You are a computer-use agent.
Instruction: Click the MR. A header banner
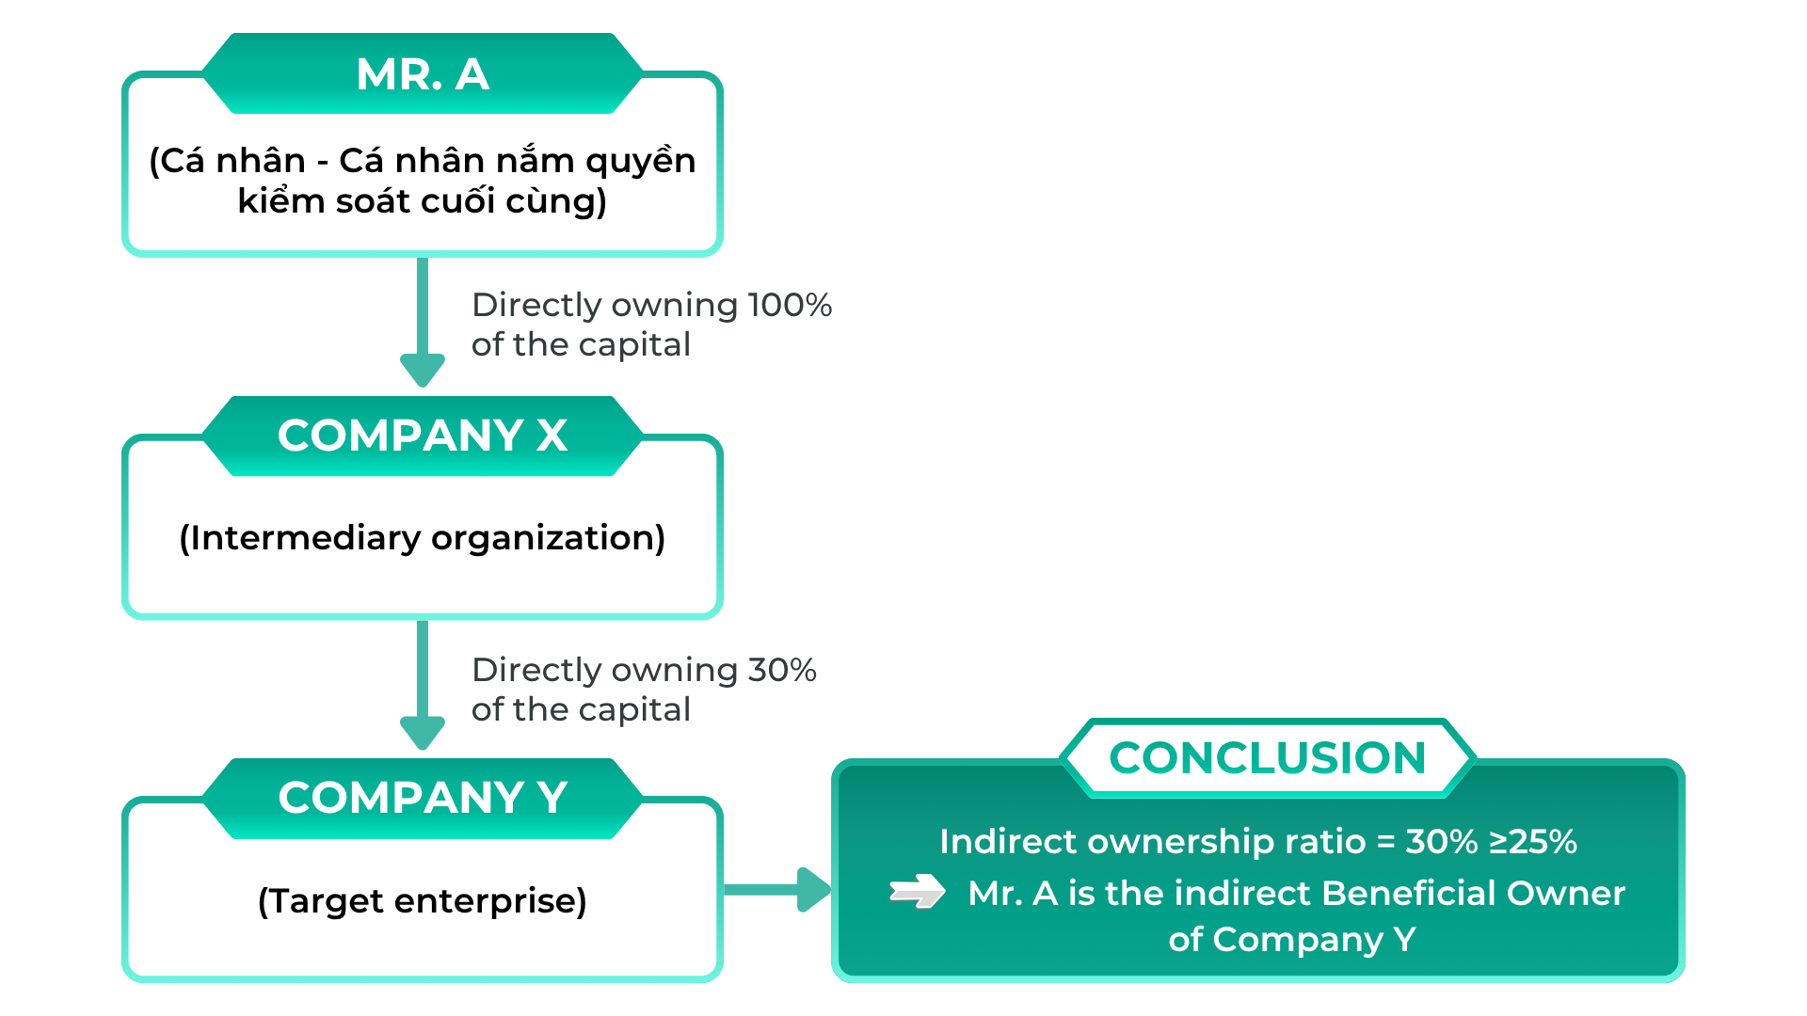(x=423, y=73)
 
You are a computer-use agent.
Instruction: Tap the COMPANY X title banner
(x=423, y=436)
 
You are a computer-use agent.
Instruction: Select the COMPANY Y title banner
(x=423, y=798)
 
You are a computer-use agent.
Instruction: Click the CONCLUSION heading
(x=1268, y=757)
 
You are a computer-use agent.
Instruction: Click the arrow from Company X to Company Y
(x=423, y=685)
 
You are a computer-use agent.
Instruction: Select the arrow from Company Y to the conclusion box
(x=777, y=889)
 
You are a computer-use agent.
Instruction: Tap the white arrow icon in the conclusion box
(x=918, y=891)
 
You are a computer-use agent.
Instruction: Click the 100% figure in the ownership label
(x=790, y=305)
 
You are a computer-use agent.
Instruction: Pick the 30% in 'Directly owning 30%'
(x=782, y=670)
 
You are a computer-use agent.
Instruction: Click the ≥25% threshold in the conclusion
(x=1533, y=841)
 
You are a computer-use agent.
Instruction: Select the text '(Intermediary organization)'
(x=423, y=538)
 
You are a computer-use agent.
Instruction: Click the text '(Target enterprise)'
(x=423, y=901)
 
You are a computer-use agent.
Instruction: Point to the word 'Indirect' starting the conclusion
(x=1007, y=841)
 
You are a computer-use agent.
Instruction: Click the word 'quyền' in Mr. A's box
(x=641, y=161)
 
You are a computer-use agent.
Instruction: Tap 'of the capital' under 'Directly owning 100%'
(x=581, y=344)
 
